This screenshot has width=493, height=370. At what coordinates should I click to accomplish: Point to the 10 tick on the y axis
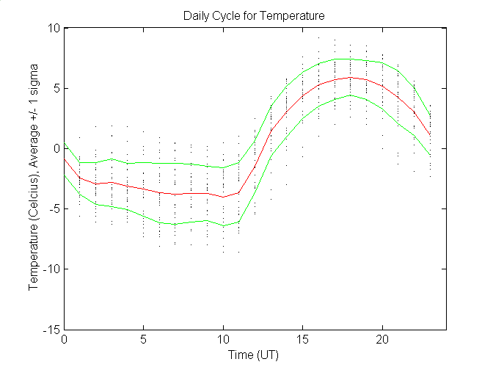click(54, 28)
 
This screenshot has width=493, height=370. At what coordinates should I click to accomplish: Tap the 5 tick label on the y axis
click(56, 88)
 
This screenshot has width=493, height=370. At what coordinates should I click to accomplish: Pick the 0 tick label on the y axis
click(56, 148)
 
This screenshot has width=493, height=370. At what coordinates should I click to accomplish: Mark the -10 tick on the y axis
click(51, 269)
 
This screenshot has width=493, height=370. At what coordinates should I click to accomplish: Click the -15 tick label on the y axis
click(51, 330)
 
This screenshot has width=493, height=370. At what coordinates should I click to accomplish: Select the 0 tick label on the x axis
click(65, 340)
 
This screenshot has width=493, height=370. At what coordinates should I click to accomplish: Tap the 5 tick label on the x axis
click(144, 340)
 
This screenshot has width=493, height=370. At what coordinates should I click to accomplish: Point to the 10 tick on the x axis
click(223, 340)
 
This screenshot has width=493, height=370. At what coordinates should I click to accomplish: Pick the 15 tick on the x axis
click(302, 340)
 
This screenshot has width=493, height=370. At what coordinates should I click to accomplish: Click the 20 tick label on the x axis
click(381, 340)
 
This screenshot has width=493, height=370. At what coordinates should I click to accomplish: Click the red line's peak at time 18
click(350, 77)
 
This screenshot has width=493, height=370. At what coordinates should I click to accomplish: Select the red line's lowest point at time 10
click(223, 197)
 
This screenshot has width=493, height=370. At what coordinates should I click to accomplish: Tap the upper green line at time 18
click(350, 59)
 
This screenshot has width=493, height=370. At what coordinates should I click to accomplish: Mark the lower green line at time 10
click(223, 225)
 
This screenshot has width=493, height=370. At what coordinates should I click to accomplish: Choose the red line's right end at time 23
click(429, 135)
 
